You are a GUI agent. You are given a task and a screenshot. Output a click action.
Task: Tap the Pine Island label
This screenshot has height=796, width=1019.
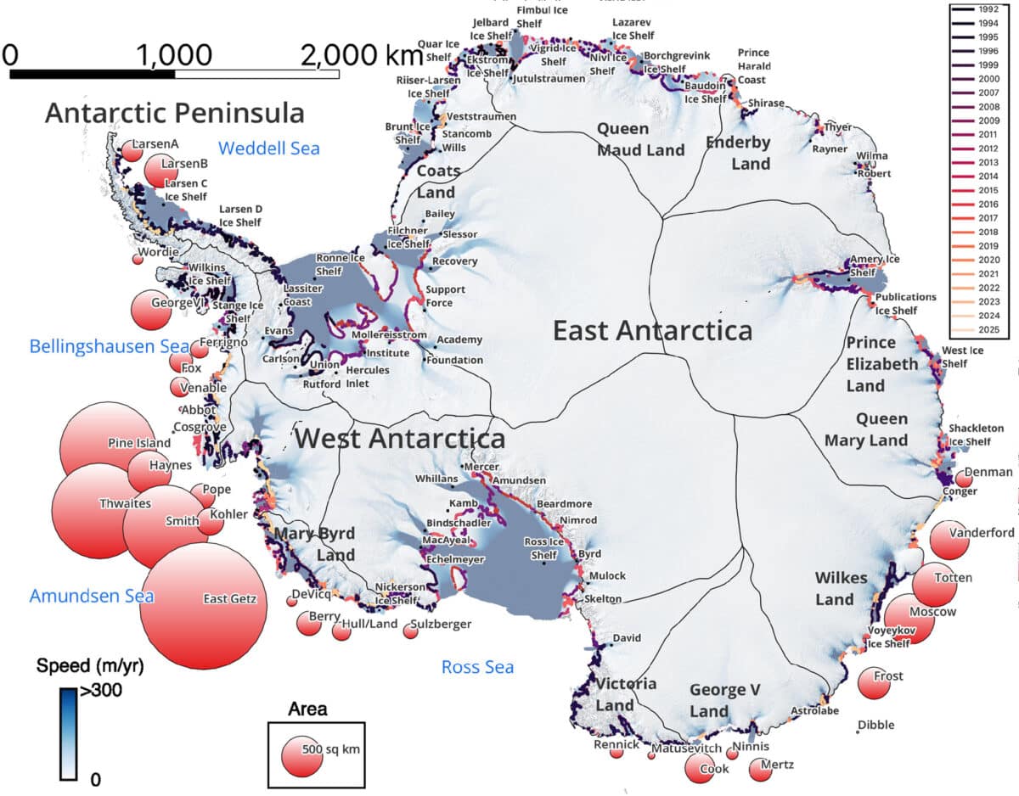(139, 443)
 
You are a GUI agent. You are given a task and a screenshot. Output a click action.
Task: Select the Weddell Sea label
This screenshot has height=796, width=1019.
(268, 149)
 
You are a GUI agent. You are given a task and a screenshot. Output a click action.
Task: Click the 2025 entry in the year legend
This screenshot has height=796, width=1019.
(988, 330)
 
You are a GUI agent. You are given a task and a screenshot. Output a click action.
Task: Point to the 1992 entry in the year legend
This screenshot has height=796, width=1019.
(988, 9)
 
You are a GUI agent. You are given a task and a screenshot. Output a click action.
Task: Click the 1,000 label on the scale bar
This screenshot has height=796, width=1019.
(173, 55)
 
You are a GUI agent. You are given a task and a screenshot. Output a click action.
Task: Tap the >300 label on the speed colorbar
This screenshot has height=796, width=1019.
(101, 691)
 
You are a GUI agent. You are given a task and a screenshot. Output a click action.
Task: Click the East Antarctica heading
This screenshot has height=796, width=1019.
(652, 330)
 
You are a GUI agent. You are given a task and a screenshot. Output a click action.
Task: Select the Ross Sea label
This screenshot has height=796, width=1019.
(477, 667)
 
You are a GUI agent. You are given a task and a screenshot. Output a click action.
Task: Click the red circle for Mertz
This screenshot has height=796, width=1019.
(760, 769)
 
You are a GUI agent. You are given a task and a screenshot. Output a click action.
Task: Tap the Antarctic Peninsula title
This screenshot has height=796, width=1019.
(174, 113)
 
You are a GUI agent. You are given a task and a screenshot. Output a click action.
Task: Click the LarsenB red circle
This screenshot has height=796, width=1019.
(160, 171)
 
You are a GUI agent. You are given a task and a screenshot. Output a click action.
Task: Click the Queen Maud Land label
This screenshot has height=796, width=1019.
(640, 139)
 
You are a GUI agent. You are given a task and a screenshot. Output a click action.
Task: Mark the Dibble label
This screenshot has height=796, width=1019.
(875, 725)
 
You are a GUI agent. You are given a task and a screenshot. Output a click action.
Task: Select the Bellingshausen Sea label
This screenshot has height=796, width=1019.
(98, 346)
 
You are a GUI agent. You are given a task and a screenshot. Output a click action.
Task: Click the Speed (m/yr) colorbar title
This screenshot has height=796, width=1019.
(90, 667)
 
